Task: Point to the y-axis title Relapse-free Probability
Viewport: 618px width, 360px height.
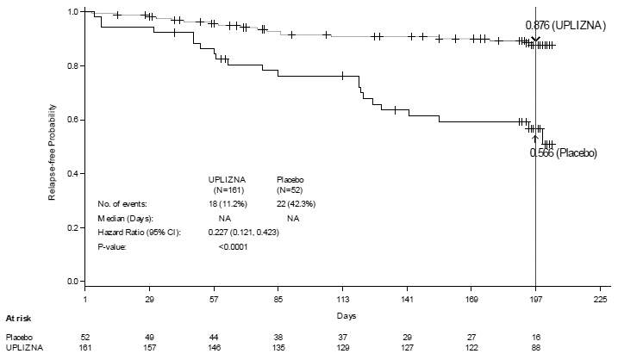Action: tap(51, 146)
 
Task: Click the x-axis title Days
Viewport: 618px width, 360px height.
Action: tap(343, 317)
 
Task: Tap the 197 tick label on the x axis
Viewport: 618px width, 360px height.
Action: tap(535, 301)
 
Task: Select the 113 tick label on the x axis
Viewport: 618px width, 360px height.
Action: tap(342, 301)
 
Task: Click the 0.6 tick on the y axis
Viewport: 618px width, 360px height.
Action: tap(72, 120)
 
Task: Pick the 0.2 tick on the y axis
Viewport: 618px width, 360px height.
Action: tap(72, 228)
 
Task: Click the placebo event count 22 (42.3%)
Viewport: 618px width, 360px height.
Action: tap(295, 203)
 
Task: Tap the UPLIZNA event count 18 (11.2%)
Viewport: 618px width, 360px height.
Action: tap(233, 203)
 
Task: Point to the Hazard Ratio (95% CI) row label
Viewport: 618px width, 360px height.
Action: tap(139, 233)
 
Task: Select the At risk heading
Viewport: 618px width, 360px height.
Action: tap(20, 318)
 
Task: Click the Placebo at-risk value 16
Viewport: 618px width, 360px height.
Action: tap(535, 336)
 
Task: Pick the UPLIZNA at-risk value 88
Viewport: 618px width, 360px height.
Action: tap(535, 347)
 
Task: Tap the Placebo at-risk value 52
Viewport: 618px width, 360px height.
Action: tap(85, 336)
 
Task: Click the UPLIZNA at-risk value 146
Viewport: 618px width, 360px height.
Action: tap(214, 347)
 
